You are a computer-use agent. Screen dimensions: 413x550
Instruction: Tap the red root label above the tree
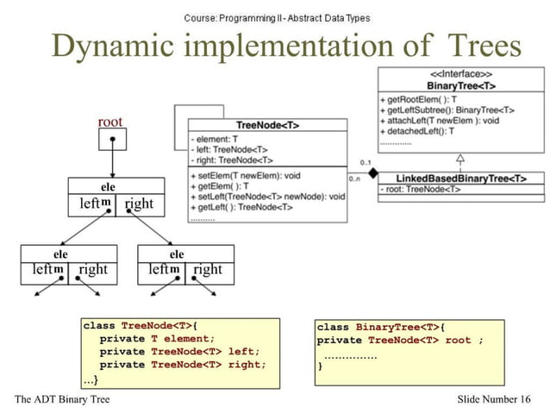(x=110, y=122)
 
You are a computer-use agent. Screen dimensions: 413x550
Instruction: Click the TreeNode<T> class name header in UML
(x=267, y=126)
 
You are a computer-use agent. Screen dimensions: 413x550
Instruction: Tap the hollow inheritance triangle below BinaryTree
(x=460, y=158)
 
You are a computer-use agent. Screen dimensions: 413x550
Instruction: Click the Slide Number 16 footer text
(x=494, y=398)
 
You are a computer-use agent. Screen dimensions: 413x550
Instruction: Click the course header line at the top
(x=277, y=17)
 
